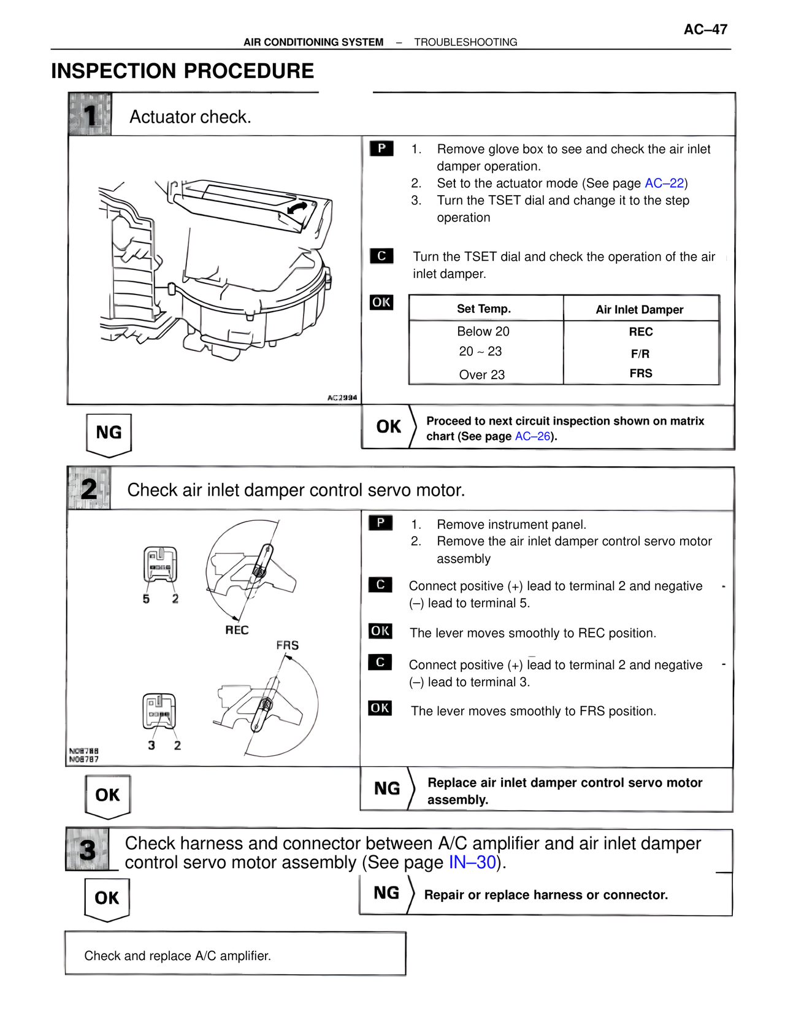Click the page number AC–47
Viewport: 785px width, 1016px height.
point(705,29)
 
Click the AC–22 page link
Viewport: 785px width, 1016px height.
point(664,183)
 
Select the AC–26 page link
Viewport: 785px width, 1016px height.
point(532,436)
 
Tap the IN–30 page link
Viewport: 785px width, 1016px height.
point(472,863)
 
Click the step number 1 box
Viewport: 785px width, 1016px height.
point(90,115)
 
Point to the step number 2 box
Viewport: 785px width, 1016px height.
point(89,489)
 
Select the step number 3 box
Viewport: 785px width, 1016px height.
point(88,850)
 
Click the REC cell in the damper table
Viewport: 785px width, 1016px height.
point(641,332)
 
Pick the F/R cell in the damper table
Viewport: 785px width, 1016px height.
point(640,354)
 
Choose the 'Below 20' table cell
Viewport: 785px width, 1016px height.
point(483,332)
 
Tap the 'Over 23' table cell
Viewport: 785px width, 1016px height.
point(482,375)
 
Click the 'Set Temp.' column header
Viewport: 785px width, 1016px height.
point(484,309)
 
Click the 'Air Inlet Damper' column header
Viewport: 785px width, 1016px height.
point(640,310)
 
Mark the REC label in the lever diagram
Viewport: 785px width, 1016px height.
point(237,630)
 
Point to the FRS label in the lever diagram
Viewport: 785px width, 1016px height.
point(287,645)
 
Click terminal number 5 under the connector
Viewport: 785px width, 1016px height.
point(146,599)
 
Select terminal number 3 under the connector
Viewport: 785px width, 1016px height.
point(151,745)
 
